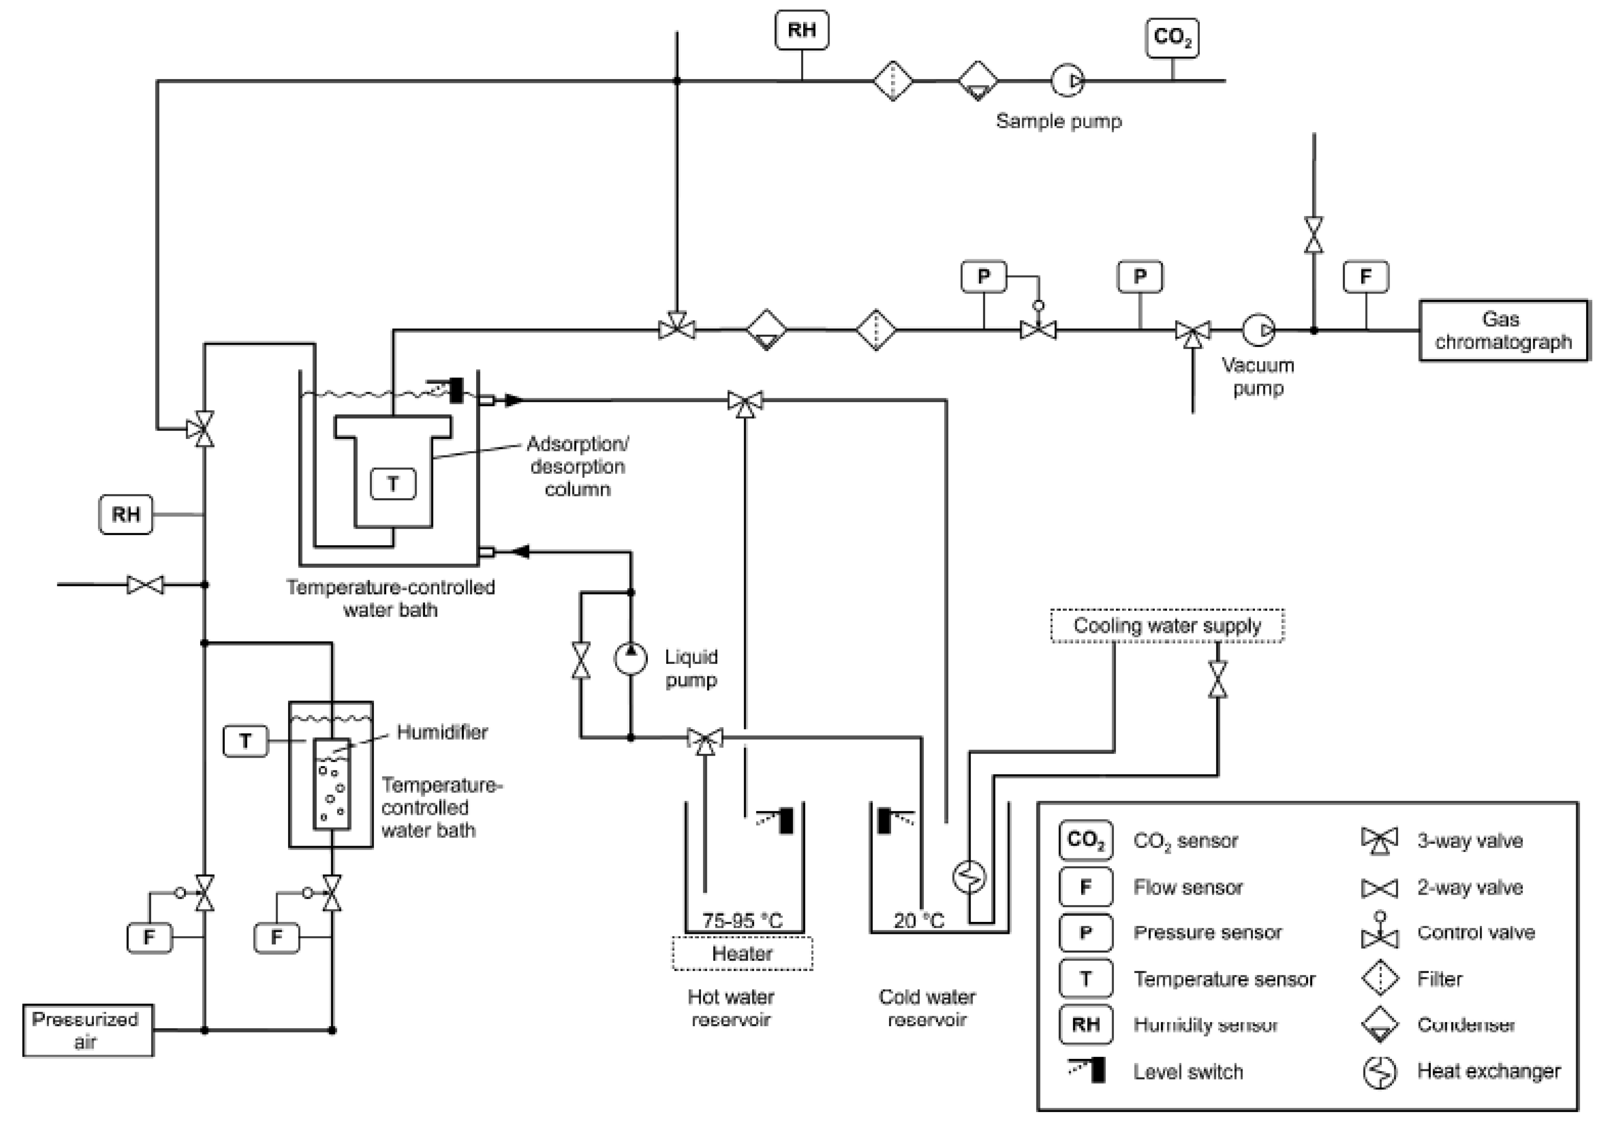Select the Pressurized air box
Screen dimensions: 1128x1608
click(x=88, y=1030)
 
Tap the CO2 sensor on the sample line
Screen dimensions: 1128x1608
click(x=1172, y=37)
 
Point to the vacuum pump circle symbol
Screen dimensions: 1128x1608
click(x=1258, y=329)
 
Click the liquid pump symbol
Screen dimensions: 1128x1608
click(x=630, y=658)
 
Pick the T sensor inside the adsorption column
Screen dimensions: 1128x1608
click(x=393, y=483)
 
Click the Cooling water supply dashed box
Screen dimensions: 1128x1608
click(x=1167, y=625)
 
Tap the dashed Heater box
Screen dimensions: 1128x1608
click(x=742, y=954)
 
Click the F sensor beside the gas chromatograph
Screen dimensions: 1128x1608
click(x=1365, y=277)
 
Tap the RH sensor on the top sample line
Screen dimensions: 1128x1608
click(x=802, y=30)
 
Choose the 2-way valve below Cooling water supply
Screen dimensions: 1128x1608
click(x=1217, y=679)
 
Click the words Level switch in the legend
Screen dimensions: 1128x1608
click(x=1188, y=1071)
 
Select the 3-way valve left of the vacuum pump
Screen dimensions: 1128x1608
click(x=1193, y=331)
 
